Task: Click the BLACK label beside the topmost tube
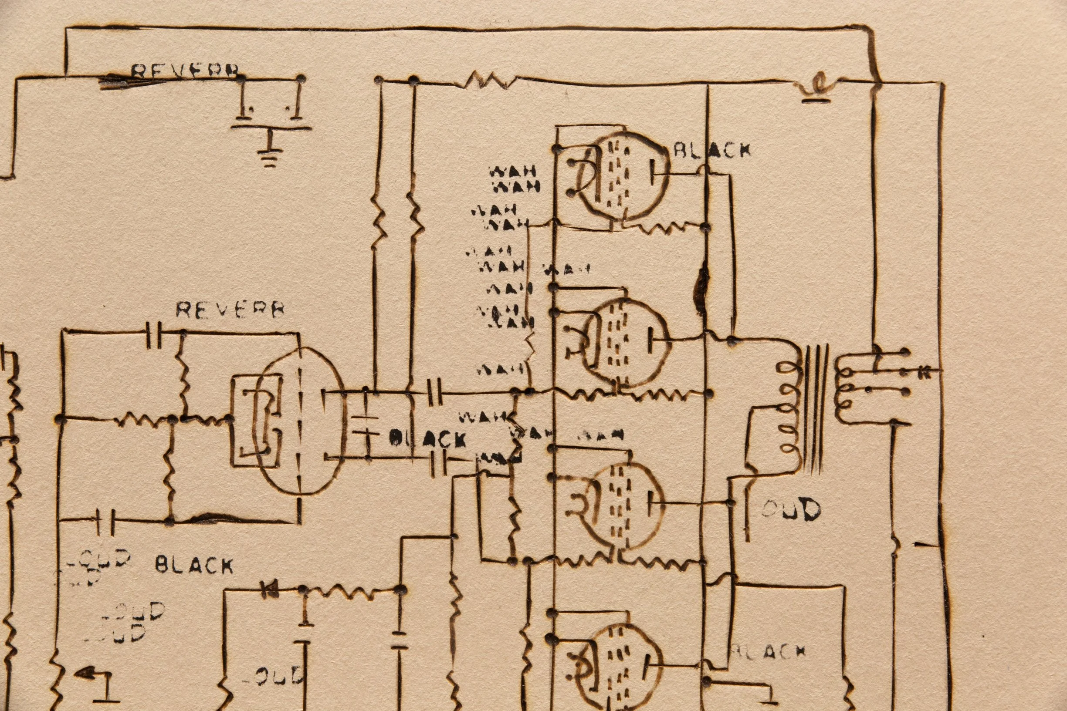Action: [x=712, y=150]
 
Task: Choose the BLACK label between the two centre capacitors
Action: [x=427, y=439]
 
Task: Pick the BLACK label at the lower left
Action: [x=194, y=566]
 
